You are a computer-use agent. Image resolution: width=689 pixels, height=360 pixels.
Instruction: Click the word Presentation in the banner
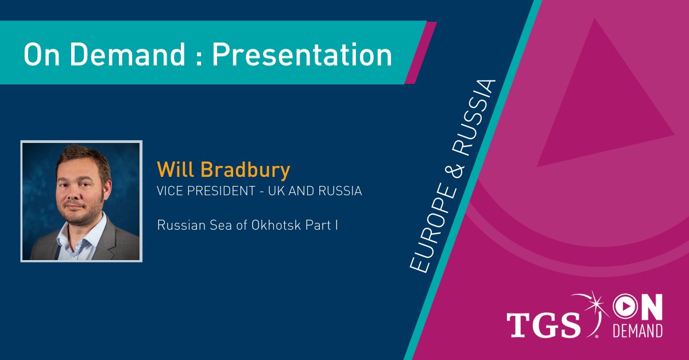click(x=302, y=55)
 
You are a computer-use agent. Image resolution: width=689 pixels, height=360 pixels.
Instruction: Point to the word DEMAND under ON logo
click(x=637, y=331)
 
